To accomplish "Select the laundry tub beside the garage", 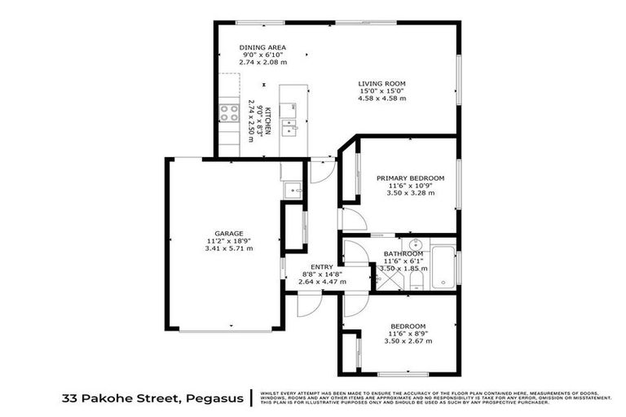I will tap(293, 189).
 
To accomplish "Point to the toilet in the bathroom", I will tap(415, 282).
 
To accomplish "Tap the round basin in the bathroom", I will tap(415, 244).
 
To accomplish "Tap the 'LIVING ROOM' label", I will tap(382, 83).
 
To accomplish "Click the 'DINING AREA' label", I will tap(262, 48).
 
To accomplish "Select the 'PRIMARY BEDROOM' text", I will tap(410, 178).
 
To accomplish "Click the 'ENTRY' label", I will tap(322, 266).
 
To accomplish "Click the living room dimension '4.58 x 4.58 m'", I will tap(382, 98).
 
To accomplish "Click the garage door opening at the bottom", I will tap(226, 331).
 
